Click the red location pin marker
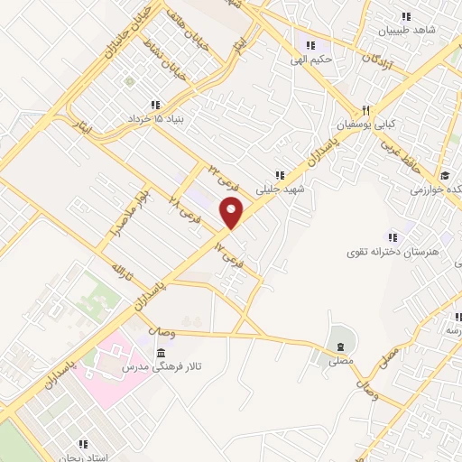[233, 212]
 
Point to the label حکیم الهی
[311, 60]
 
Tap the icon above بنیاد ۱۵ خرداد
[155, 104]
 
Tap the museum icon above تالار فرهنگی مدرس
[161, 351]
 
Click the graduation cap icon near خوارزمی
[444, 175]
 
